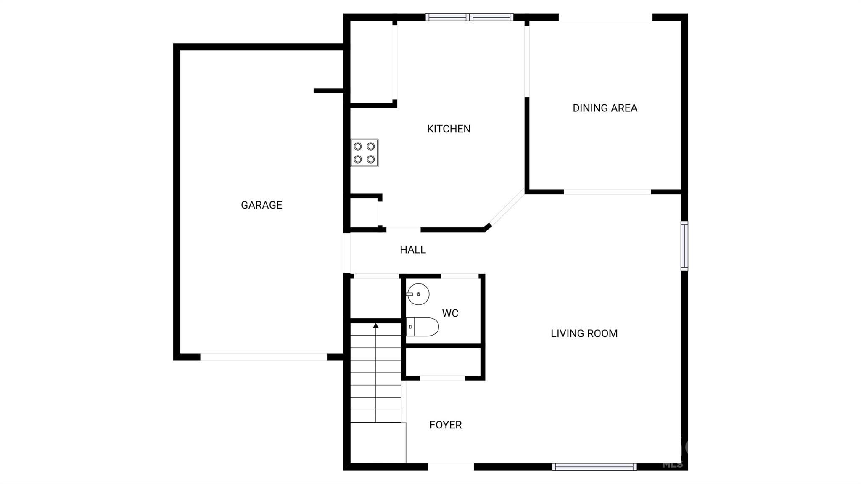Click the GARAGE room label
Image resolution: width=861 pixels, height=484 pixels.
point(261,205)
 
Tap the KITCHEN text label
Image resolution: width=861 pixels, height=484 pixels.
point(449,129)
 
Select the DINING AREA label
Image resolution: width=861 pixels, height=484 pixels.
point(605,108)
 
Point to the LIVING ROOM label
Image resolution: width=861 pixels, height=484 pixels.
point(584,333)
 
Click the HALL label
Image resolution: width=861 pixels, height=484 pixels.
point(413,250)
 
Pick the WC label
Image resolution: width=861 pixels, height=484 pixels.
point(450,313)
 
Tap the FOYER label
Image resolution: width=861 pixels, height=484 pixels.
point(446,425)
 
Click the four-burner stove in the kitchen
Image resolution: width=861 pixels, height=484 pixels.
point(364,153)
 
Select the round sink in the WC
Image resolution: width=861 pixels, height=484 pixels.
point(418,294)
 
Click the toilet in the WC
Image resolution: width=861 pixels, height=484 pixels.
point(422,327)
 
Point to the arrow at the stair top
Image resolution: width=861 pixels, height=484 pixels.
point(376,325)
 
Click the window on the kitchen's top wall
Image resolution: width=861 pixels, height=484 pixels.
point(469,17)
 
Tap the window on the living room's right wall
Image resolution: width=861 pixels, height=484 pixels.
point(684,246)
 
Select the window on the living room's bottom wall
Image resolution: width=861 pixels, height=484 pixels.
point(594,467)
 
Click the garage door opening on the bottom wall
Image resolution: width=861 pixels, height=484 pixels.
point(264,357)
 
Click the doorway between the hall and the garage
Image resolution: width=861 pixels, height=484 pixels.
point(347,253)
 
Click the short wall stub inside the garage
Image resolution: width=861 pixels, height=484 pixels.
point(329,91)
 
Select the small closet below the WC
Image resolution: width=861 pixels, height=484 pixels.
point(443,362)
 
